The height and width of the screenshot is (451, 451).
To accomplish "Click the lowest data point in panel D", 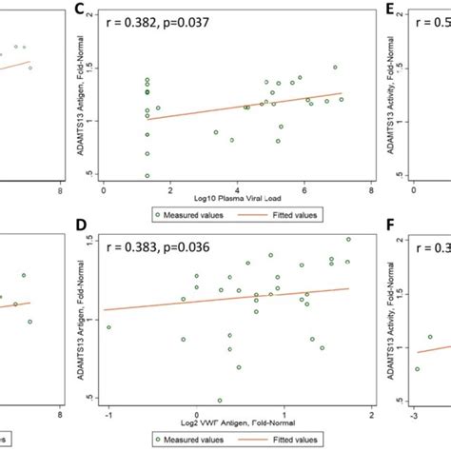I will click(220, 401).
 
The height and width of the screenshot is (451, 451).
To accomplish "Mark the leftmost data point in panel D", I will click(108, 326).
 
